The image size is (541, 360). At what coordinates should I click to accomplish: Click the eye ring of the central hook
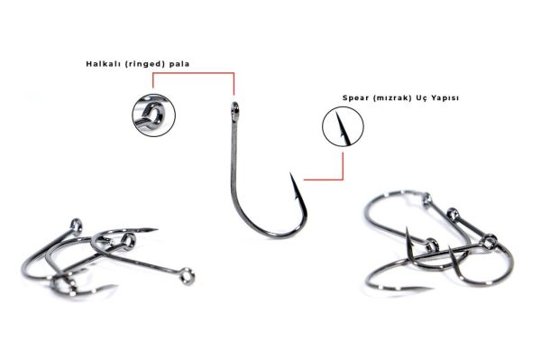click(234, 107)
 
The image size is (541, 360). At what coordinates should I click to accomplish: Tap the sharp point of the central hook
click(290, 173)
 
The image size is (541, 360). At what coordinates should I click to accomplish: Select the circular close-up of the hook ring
click(154, 115)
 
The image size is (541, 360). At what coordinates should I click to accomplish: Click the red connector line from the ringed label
click(193, 73)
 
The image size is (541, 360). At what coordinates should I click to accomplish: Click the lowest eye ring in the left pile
click(188, 276)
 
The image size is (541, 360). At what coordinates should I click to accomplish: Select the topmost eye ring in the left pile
click(77, 225)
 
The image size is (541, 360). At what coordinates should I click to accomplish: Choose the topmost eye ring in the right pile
click(426, 198)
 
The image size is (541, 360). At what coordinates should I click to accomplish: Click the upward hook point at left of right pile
click(408, 229)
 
